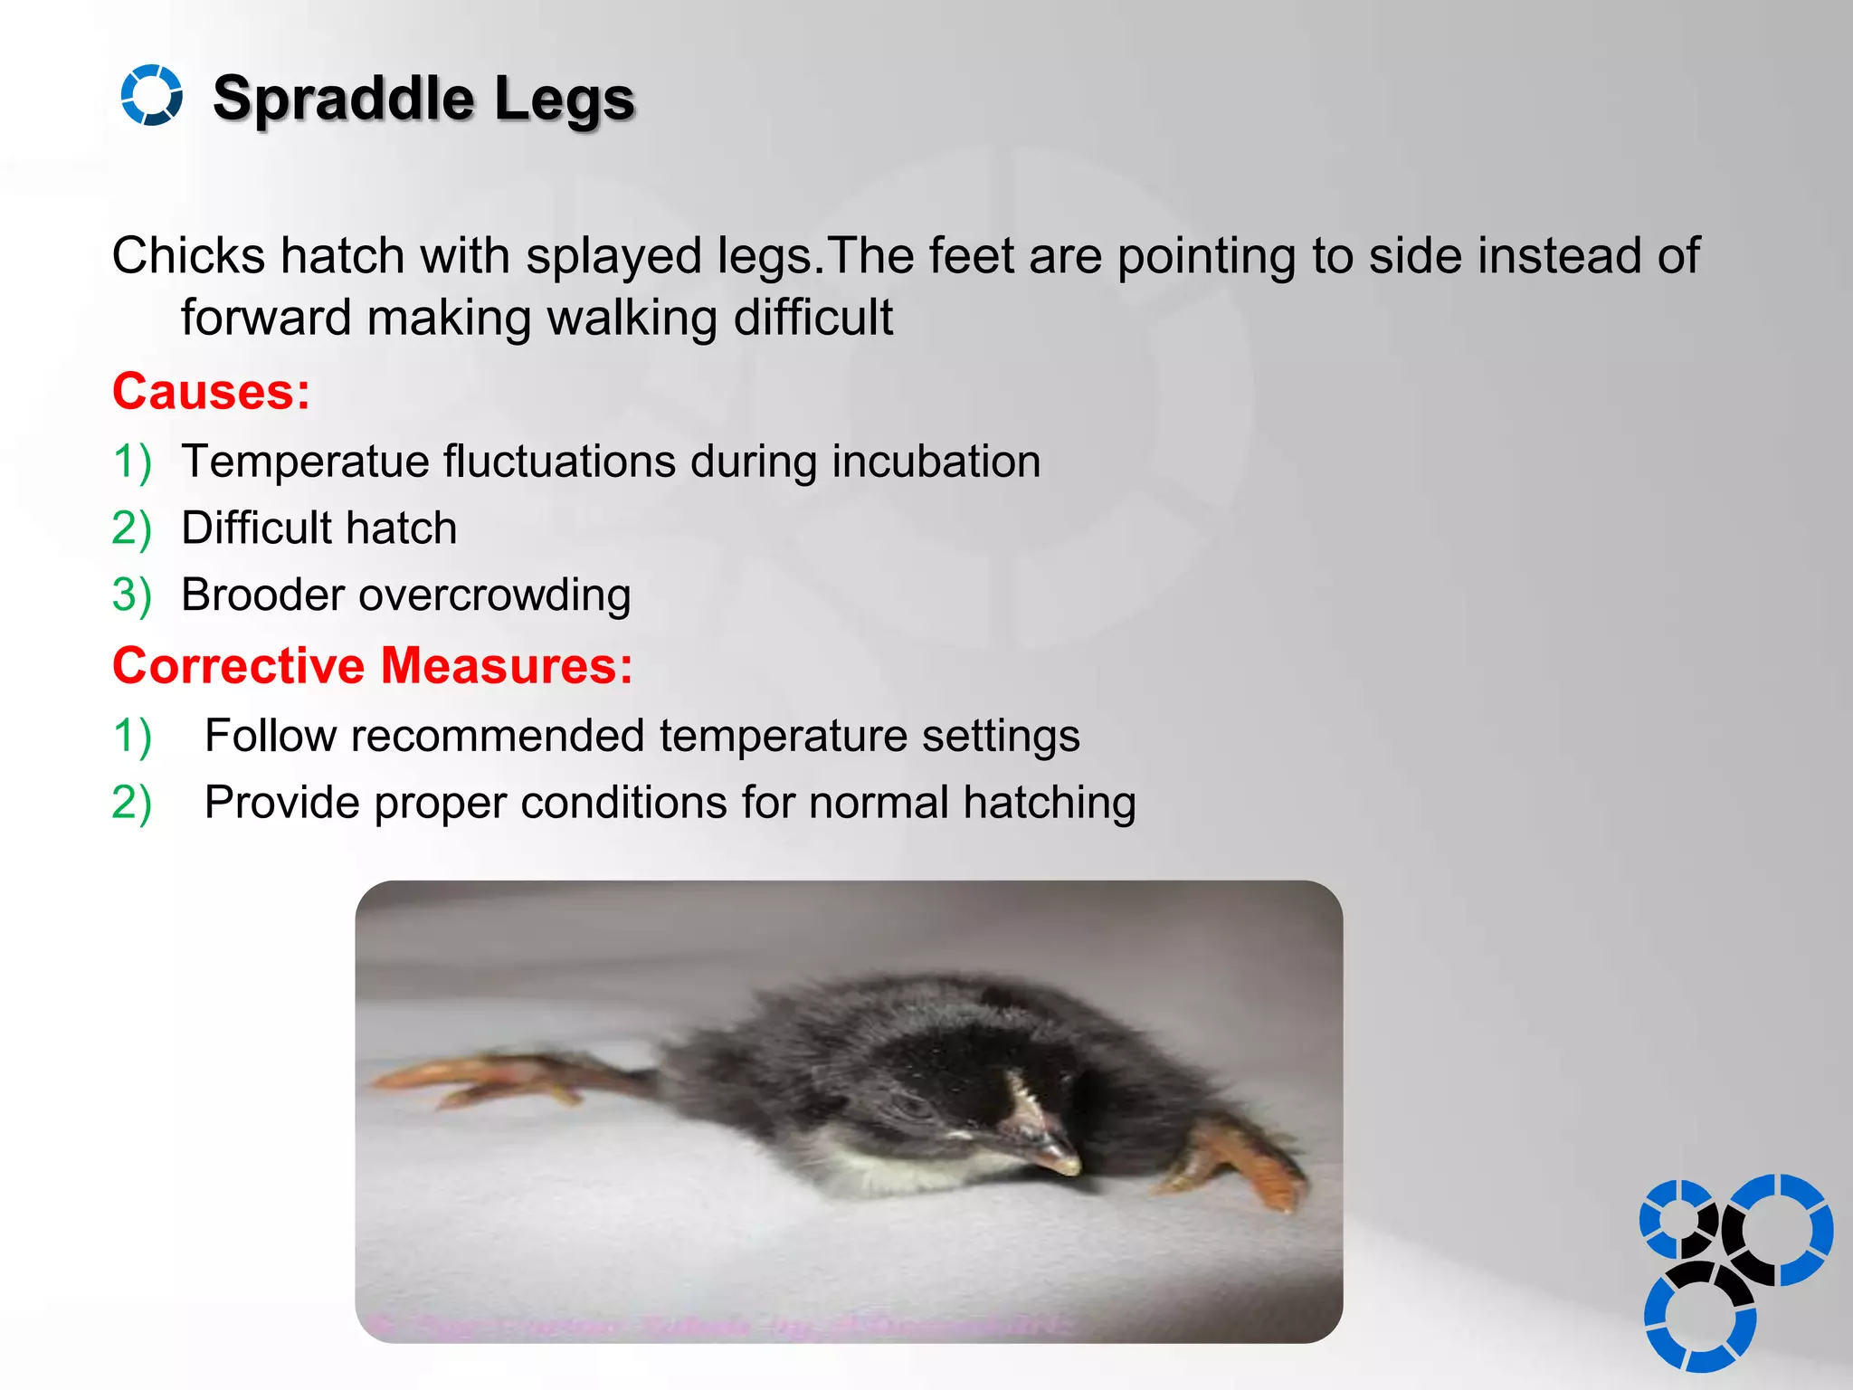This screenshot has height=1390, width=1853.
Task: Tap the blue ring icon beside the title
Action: click(151, 95)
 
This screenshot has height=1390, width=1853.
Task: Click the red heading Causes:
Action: click(211, 392)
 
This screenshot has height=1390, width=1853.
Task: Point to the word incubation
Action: click(936, 462)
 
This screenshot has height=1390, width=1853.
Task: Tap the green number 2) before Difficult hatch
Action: click(131, 528)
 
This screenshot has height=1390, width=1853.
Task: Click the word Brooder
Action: click(262, 595)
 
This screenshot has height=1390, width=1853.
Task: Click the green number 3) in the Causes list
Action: click(131, 595)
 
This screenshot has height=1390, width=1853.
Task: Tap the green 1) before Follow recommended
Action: click(131, 735)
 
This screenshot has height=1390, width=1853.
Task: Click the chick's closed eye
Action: click(909, 1106)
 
